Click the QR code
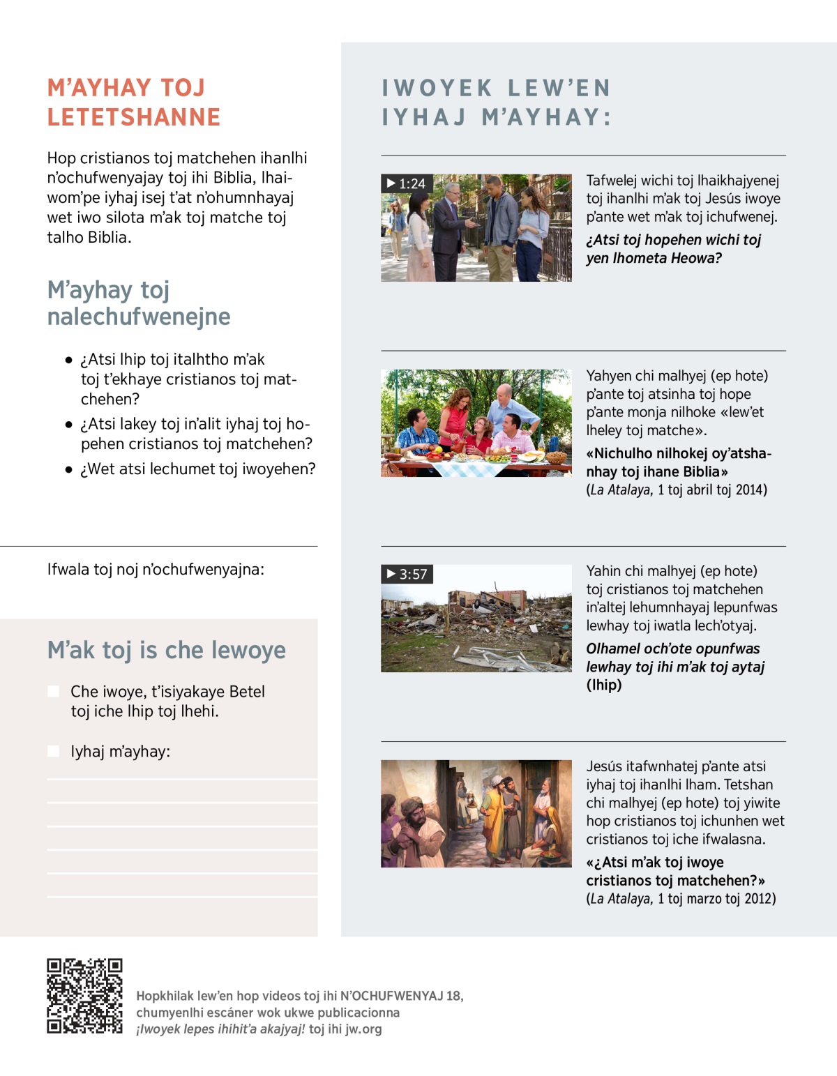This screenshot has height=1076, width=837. [x=84, y=995]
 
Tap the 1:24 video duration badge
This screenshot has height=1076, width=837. [x=407, y=183]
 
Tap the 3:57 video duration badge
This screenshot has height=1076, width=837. [x=407, y=574]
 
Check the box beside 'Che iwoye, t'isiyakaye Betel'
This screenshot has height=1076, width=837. [x=53, y=691]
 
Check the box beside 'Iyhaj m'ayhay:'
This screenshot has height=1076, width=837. [x=53, y=751]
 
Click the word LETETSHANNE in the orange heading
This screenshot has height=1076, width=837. [x=134, y=117]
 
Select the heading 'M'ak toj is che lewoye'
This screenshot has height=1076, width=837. [x=166, y=650]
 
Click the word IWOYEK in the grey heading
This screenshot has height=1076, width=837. [x=437, y=88]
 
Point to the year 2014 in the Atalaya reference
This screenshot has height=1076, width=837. [x=751, y=490]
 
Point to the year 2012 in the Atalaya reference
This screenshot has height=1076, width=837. [x=760, y=898]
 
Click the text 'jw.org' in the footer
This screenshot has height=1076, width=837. [x=363, y=1029]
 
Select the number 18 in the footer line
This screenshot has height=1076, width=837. [x=453, y=996]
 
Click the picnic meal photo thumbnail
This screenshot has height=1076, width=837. [x=476, y=423]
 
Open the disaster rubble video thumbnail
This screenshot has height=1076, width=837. [x=476, y=619]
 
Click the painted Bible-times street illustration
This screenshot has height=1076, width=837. [x=476, y=814]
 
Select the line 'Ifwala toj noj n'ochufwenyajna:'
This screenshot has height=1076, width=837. [x=156, y=569]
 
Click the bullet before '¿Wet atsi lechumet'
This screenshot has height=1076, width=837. [x=68, y=470]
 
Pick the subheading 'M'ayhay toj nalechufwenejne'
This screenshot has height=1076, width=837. [x=138, y=303]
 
